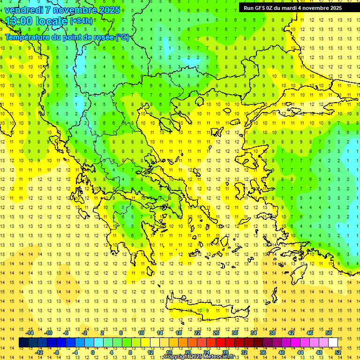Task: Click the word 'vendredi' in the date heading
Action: (23, 10)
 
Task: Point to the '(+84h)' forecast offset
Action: (81, 21)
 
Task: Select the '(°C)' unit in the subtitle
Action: (122, 37)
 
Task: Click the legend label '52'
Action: (338, 352)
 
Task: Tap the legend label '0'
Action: (93, 352)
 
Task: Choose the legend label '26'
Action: (216, 333)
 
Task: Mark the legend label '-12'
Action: (39, 352)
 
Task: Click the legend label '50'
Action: (328, 333)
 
